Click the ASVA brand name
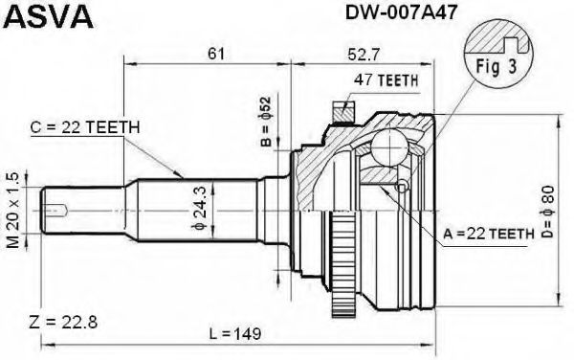(x=49, y=16)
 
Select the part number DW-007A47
(x=401, y=11)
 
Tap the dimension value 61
(x=215, y=54)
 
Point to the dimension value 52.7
(x=364, y=55)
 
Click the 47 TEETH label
(x=386, y=79)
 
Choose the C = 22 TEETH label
(x=86, y=127)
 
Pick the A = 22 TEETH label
(x=488, y=234)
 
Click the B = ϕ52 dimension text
(x=266, y=122)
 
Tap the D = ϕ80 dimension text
(x=547, y=213)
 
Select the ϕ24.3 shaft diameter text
(x=199, y=208)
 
